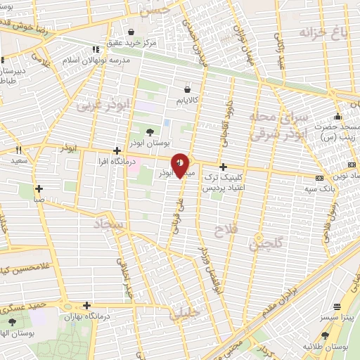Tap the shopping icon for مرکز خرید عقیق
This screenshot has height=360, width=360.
coord(131,32)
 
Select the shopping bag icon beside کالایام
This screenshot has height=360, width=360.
coord(187,89)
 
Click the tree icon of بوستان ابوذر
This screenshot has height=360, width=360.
coord(149,131)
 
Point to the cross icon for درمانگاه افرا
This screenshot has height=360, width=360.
coord(117,150)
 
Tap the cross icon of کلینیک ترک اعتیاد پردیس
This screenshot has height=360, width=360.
coord(223,167)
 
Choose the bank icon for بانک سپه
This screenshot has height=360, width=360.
coord(320,179)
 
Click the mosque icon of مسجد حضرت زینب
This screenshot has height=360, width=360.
coord(338,116)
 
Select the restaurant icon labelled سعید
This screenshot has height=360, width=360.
coord(19,150)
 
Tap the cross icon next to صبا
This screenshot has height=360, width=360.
coord(39,188)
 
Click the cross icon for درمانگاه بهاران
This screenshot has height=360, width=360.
coord(86,305)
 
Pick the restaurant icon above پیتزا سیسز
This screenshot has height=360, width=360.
coord(337,307)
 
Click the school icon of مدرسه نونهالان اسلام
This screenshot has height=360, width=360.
coord(95,50)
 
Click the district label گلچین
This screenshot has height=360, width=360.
coord(265,245)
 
